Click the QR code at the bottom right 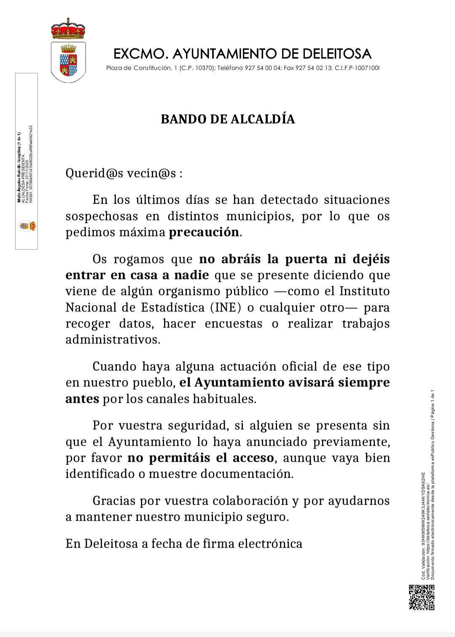click(x=422, y=597)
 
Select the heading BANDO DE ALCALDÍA click(x=228, y=119)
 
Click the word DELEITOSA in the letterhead click(x=337, y=54)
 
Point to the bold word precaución click(x=204, y=232)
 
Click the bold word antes click(x=82, y=399)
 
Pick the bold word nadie click(x=191, y=275)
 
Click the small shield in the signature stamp click(x=27, y=226)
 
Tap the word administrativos click(x=113, y=340)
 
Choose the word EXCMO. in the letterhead click(x=141, y=54)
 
